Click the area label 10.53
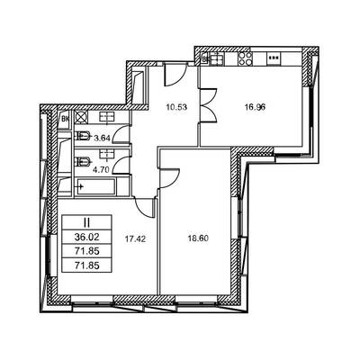[x=176, y=107]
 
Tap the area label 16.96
[x=255, y=107]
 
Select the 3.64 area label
[x=103, y=139]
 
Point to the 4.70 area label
[x=101, y=170]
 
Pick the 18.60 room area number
[x=198, y=239]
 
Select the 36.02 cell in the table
[x=86, y=238]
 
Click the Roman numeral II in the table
[x=86, y=223]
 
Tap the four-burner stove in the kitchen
[x=245, y=58]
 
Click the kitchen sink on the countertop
[x=216, y=58]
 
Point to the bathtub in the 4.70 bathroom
[x=96, y=186]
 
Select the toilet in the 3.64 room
[x=83, y=137]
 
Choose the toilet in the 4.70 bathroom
[x=83, y=163]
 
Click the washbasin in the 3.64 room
[x=106, y=117]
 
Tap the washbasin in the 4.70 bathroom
[x=106, y=154]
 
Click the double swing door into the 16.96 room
[x=208, y=105]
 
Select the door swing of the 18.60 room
[x=170, y=178]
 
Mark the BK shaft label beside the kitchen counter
[x=205, y=59]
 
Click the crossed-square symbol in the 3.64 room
[x=81, y=117]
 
